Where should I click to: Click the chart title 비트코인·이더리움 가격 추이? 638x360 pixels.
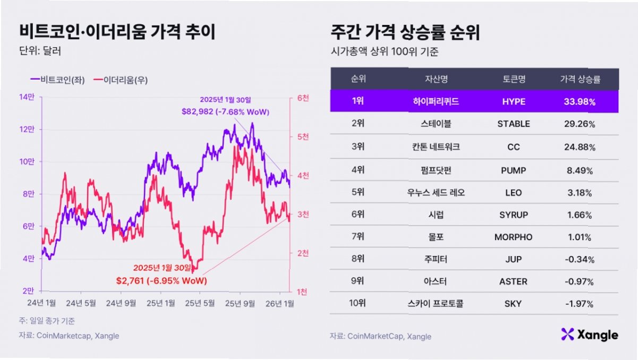pyautogui.click(x=117, y=33)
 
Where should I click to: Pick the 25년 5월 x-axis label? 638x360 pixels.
pyautogui.click(x=202, y=303)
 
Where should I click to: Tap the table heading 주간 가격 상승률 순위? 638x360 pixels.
pyautogui.click(x=405, y=33)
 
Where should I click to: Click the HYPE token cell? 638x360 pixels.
pyautogui.click(x=514, y=101)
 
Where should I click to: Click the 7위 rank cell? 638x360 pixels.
pyautogui.click(x=358, y=237)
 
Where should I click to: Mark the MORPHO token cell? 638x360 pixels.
pyautogui.click(x=514, y=237)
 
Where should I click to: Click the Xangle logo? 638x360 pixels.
pyautogui.click(x=589, y=335)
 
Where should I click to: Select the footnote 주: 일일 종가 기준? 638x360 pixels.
pyautogui.click(x=47, y=321)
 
